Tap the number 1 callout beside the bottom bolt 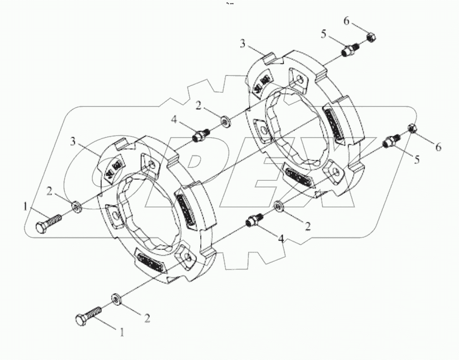click(121, 332)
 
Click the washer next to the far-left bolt click(76, 206)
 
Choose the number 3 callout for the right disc click(243, 44)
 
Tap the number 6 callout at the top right click(346, 21)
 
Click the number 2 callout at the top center click(199, 106)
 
